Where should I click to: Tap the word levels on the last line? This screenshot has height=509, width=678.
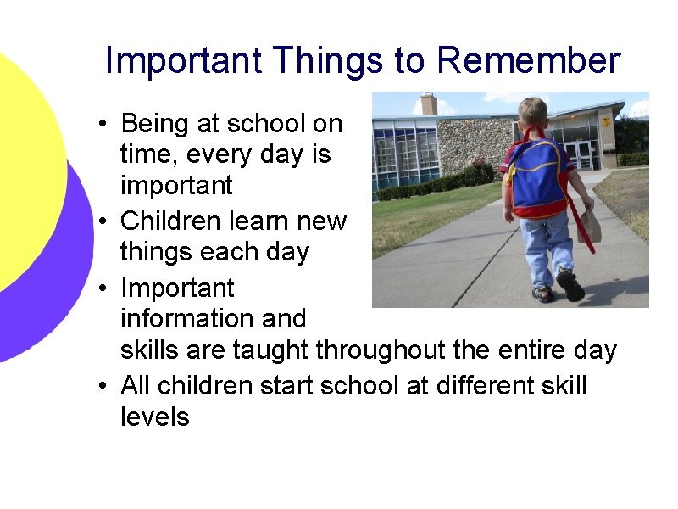(155, 417)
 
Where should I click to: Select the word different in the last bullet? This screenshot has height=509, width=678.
(465, 386)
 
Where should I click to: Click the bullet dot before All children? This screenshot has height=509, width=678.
(102, 387)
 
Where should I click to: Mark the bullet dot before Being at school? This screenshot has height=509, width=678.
(102, 125)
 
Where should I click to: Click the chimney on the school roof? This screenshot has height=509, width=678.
(429, 103)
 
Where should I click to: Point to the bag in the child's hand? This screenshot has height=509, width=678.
(591, 222)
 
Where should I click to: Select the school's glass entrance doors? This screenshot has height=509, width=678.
(579, 154)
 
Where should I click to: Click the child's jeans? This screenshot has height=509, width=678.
(547, 246)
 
